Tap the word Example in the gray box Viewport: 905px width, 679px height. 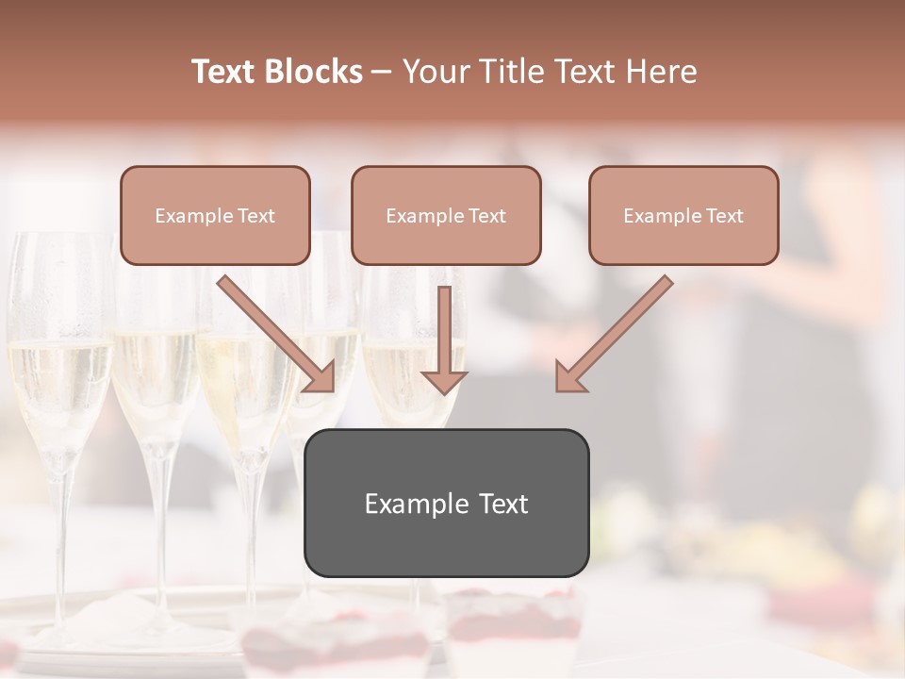[x=415, y=505]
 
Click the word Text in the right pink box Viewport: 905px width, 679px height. [x=724, y=216]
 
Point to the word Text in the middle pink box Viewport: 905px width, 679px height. [x=486, y=216]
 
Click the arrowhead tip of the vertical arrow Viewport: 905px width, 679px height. [x=444, y=391]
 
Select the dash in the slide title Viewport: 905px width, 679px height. [x=382, y=72]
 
